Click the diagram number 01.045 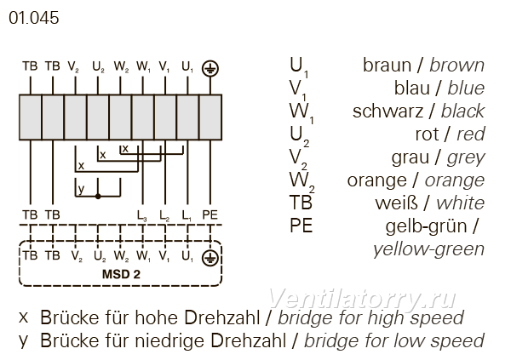(33, 18)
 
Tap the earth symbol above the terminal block (210, 68)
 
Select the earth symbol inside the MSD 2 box (210, 258)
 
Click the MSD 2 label (121, 274)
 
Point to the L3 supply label (141, 215)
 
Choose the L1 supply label (187, 215)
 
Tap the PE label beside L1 (210, 215)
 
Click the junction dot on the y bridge (98, 197)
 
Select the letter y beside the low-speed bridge (81, 189)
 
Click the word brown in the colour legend (456, 66)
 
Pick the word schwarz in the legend (388, 111)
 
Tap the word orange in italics (455, 180)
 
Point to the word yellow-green (429, 249)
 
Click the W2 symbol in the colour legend (301, 180)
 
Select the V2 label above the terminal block (73, 66)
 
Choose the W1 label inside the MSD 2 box (143, 256)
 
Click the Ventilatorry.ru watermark (362, 299)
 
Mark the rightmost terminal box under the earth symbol (210, 117)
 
